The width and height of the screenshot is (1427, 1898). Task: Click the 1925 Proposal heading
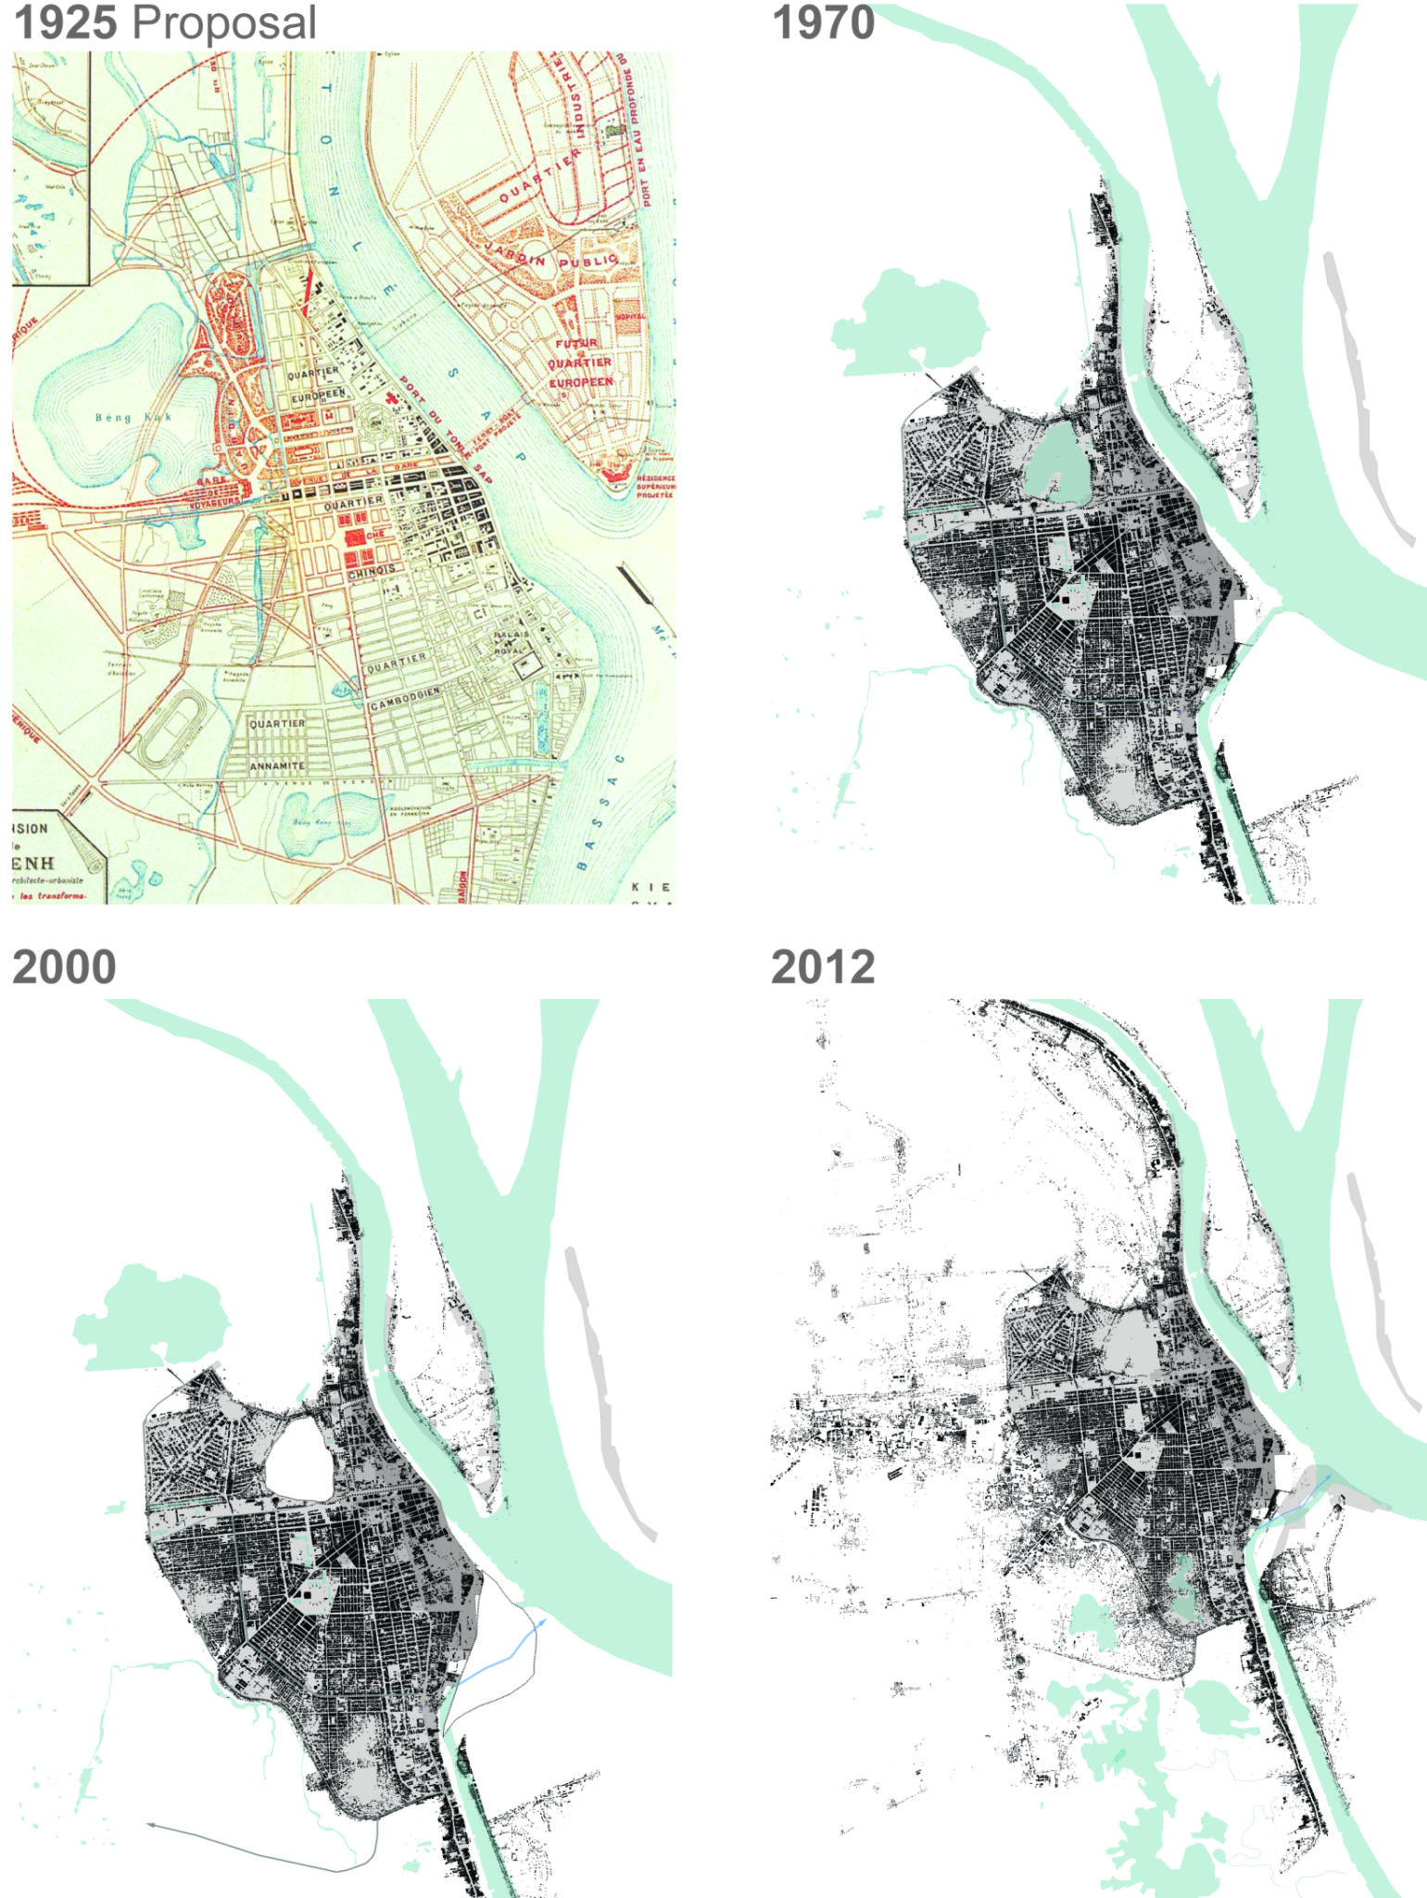165,23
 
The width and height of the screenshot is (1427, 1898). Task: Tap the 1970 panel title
823,23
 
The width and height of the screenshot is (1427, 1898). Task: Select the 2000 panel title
64,967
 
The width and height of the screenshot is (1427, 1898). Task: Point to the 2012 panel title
823,967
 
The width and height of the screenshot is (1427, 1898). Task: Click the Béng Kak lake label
133,417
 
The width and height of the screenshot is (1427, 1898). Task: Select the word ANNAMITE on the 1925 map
277,766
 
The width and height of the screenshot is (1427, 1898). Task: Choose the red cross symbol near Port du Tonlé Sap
392,397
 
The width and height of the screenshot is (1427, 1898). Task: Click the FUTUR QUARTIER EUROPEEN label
579,362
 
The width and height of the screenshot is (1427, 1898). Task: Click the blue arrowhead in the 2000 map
541,1621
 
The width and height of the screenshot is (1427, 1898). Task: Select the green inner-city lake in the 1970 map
1056,458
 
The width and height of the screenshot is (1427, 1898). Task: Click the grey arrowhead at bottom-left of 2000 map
150,1826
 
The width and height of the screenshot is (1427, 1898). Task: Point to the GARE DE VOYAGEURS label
221,491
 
